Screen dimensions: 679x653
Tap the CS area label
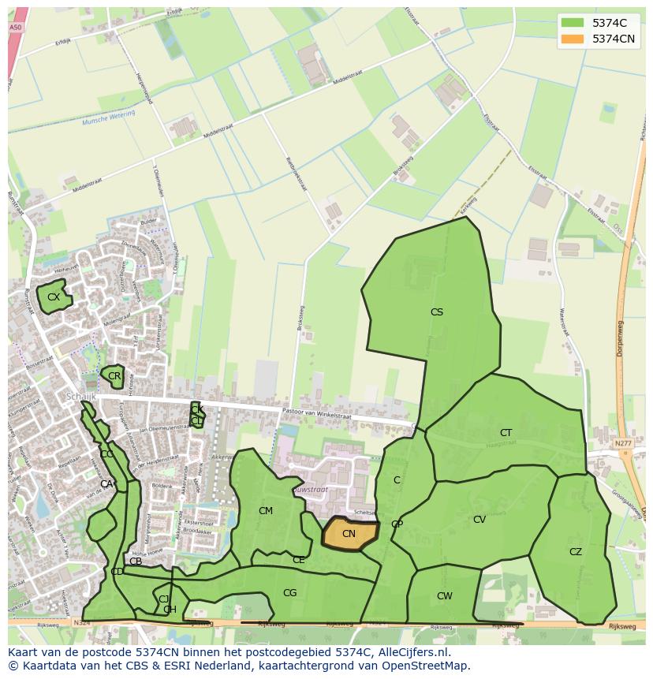point(436,312)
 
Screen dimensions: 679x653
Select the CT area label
point(506,433)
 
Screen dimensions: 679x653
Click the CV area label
point(479,520)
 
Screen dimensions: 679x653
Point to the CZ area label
point(576,552)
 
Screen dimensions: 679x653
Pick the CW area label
point(445,596)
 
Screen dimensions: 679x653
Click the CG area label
point(289,593)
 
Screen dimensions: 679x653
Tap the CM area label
point(266,511)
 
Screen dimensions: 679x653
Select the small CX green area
point(53,297)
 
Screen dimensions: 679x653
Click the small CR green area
point(114,376)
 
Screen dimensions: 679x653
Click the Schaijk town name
point(81,397)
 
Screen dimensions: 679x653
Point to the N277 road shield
point(623,444)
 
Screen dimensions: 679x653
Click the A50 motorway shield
point(15,28)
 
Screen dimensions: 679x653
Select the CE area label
point(298,560)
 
